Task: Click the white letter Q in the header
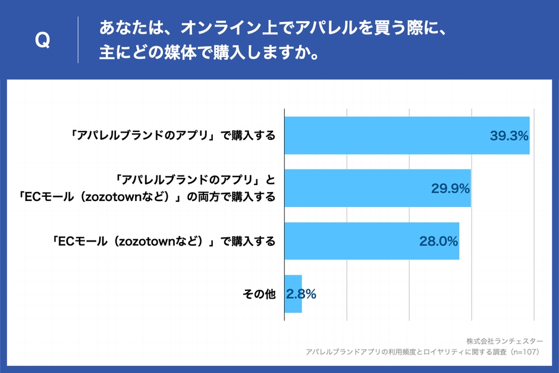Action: click(x=42, y=40)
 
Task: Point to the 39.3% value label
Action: click(x=509, y=136)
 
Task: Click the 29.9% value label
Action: click(x=450, y=189)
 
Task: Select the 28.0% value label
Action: click(x=438, y=242)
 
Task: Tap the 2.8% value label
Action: click(x=301, y=294)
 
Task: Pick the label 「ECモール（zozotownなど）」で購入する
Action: click(x=163, y=242)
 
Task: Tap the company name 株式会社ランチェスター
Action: click(x=504, y=341)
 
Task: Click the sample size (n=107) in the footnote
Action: click(x=524, y=352)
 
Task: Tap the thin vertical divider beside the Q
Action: click(x=78, y=40)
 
